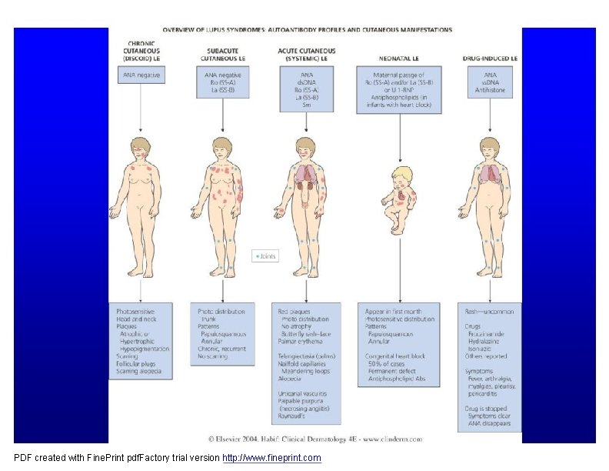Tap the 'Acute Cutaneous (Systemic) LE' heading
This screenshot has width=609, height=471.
307,52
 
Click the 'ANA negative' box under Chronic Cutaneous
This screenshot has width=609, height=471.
141,75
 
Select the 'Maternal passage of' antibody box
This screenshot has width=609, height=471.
399,89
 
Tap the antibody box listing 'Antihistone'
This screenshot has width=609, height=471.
490,82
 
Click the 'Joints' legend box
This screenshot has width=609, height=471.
265,256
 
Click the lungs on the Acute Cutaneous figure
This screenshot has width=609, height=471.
307,174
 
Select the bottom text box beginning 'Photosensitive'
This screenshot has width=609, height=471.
141,340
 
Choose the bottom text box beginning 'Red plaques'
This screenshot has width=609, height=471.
307,363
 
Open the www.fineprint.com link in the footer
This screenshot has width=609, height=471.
271,458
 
